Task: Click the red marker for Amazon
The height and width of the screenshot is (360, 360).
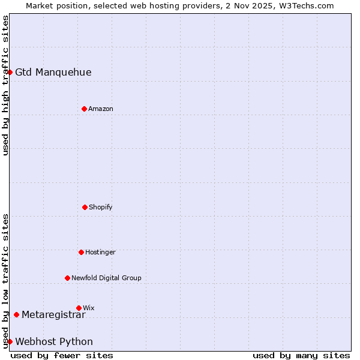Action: [x=84, y=109]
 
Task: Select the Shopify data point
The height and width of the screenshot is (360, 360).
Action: [x=85, y=207]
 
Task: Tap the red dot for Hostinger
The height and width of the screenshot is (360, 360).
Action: [x=81, y=252]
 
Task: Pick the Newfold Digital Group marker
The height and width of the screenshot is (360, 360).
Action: [x=67, y=278]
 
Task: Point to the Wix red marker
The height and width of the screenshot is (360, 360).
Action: [x=79, y=308]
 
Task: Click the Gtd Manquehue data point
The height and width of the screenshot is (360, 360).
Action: [x=10, y=72]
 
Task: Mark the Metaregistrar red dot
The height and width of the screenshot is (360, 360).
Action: [x=16, y=314]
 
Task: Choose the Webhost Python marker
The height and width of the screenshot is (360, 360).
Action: [x=10, y=341]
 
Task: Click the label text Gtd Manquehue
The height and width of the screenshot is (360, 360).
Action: [x=53, y=73]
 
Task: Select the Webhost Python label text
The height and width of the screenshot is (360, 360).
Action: [x=54, y=342]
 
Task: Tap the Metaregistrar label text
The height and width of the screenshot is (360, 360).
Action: [x=53, y=314]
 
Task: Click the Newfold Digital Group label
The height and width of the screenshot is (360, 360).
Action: [x=106, y=278]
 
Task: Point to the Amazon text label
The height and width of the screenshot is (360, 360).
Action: [x=101, y=109]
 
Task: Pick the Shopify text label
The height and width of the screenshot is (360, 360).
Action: [x=101, y=207]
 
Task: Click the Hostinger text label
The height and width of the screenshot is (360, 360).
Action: [x=100, y=252]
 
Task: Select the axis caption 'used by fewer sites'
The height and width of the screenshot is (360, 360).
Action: [x=62, y=355]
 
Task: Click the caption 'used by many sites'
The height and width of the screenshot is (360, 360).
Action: [x=301, y=355]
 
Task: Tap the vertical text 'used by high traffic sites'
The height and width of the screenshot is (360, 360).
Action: [x=5, y=85]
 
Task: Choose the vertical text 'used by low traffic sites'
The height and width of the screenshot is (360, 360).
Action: [x=5, y=280]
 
